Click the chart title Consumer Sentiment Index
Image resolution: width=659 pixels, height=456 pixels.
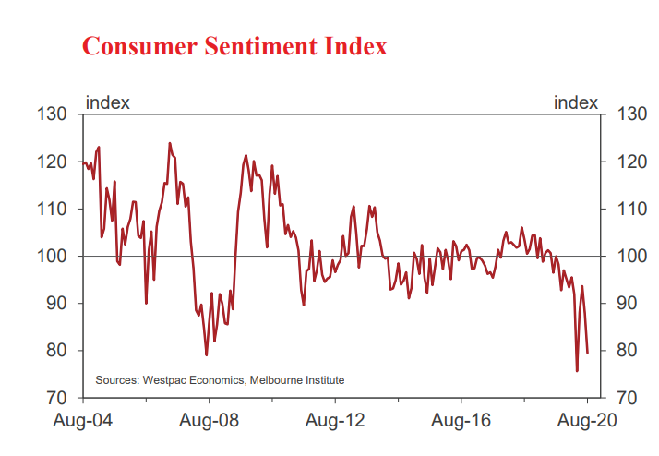(234, 46)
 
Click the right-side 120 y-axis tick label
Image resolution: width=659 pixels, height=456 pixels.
(632, 162)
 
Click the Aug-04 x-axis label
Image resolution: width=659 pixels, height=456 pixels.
(84, 421)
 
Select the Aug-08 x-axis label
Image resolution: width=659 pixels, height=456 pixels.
(210, 421)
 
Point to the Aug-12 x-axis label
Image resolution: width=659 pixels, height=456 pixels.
(336, 421)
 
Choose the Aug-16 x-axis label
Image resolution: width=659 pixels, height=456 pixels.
(461, 421)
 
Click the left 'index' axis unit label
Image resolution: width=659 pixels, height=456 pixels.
(107, 102)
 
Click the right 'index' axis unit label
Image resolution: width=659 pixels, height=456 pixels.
(576, 102)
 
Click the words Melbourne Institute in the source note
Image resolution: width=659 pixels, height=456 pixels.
(296, 379)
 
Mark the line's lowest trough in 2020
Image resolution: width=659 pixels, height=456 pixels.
(577, 371)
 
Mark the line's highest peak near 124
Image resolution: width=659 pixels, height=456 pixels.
(170, 143)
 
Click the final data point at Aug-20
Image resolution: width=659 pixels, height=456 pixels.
(588, 352)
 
